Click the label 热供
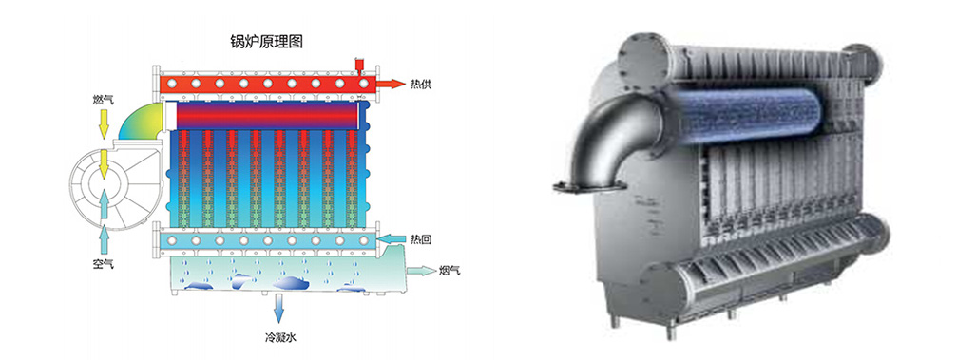click(421, 85)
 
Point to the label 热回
click(421, 238)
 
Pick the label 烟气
click(450, 271)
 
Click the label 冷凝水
click(279, 338)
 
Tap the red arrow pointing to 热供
click(391, 84)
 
